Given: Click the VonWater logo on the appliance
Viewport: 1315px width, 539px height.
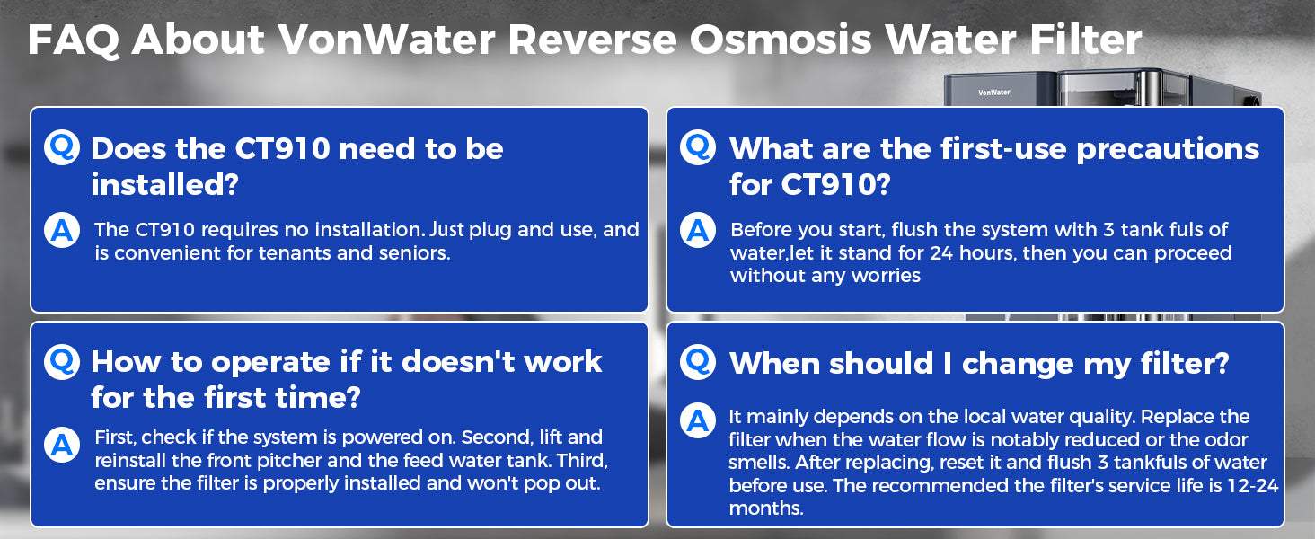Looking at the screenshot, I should (x=994, y=92).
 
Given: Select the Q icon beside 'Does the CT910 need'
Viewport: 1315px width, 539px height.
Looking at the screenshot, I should (x=62, y=146).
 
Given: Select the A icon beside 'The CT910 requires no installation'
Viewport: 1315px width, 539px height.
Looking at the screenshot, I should (x=62, y=230).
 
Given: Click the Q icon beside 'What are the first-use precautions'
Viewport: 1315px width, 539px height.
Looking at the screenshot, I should (x=698, y=146).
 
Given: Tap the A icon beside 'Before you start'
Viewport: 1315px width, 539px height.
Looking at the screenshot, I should (x=698, y=230).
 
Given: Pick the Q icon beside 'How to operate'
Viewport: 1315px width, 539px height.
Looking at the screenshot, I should (x=62, y=360).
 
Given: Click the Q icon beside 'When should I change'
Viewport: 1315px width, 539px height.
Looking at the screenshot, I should (x=698, y=362).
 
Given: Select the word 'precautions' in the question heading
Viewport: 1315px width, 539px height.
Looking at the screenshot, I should (x=1168, y=149).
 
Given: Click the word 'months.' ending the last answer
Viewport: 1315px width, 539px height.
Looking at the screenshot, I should (x=765, y=508).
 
